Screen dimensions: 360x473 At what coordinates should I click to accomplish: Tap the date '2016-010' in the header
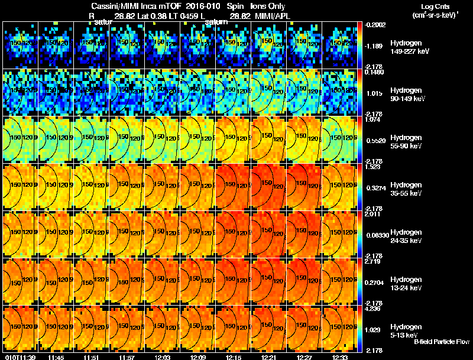pyautogui.click(x=198, y=6)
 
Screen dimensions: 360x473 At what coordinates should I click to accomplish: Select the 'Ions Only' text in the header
pyautogui.click(x=267, y=6)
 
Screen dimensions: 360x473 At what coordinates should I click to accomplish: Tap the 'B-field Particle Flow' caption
pyautogui.click(x=441, y=342)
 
